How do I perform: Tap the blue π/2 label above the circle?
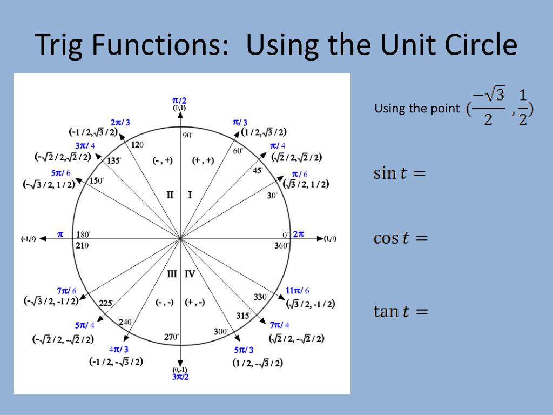pyautogui.click(x=179, y=101)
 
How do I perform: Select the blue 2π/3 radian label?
pyautogui.click(x=120, y=123)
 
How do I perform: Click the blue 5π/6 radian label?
pyautogui.click(x=60, y=173)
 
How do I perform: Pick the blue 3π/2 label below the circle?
pyautogui.click(x=180, y=377)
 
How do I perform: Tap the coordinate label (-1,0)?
pyautogui.click(x=29, y=239)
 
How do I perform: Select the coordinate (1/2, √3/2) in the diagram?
pyautogui.click(x=264, y=132)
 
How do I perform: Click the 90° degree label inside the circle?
pyautogui.click(x=187, y=136)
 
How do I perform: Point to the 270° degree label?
pyautogui.click(x=171, y=337)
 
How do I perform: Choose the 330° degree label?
pyautogui.click(x=261, y=297)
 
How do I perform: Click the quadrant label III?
pyautogui.click(x=172, y=274)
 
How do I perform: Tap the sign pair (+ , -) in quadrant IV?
pyautogui.click(x=195, y=303)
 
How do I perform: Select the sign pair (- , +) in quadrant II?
pyautogui.click(x=163, y=160)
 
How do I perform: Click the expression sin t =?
pyautogui.click(x=400, y=173)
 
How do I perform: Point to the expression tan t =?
pyautogui.click(x=400, y=311)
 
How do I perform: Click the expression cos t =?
pyautogui.click(x=400, y=238)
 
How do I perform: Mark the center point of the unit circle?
pyautogui.click(x=180, y=238)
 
